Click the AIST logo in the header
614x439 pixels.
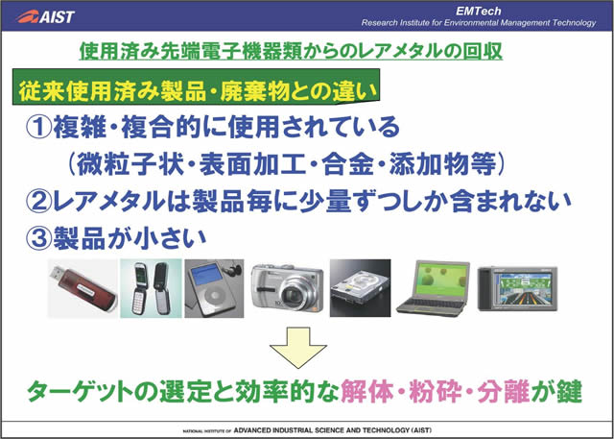[45, 16]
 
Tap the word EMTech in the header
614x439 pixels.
[478, 12]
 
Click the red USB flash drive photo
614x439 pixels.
[83, 288]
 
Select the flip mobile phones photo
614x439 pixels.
[151, 288]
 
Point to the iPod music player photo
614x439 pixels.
[214, 288]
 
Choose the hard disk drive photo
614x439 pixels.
[360, 288]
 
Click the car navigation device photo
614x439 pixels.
[517, 289]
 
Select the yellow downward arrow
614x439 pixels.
[298, 348]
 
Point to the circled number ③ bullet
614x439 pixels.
[38, 239]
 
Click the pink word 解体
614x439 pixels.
[367, 392]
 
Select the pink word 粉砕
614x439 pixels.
[436, 392]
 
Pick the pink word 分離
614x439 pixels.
[504, 392]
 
